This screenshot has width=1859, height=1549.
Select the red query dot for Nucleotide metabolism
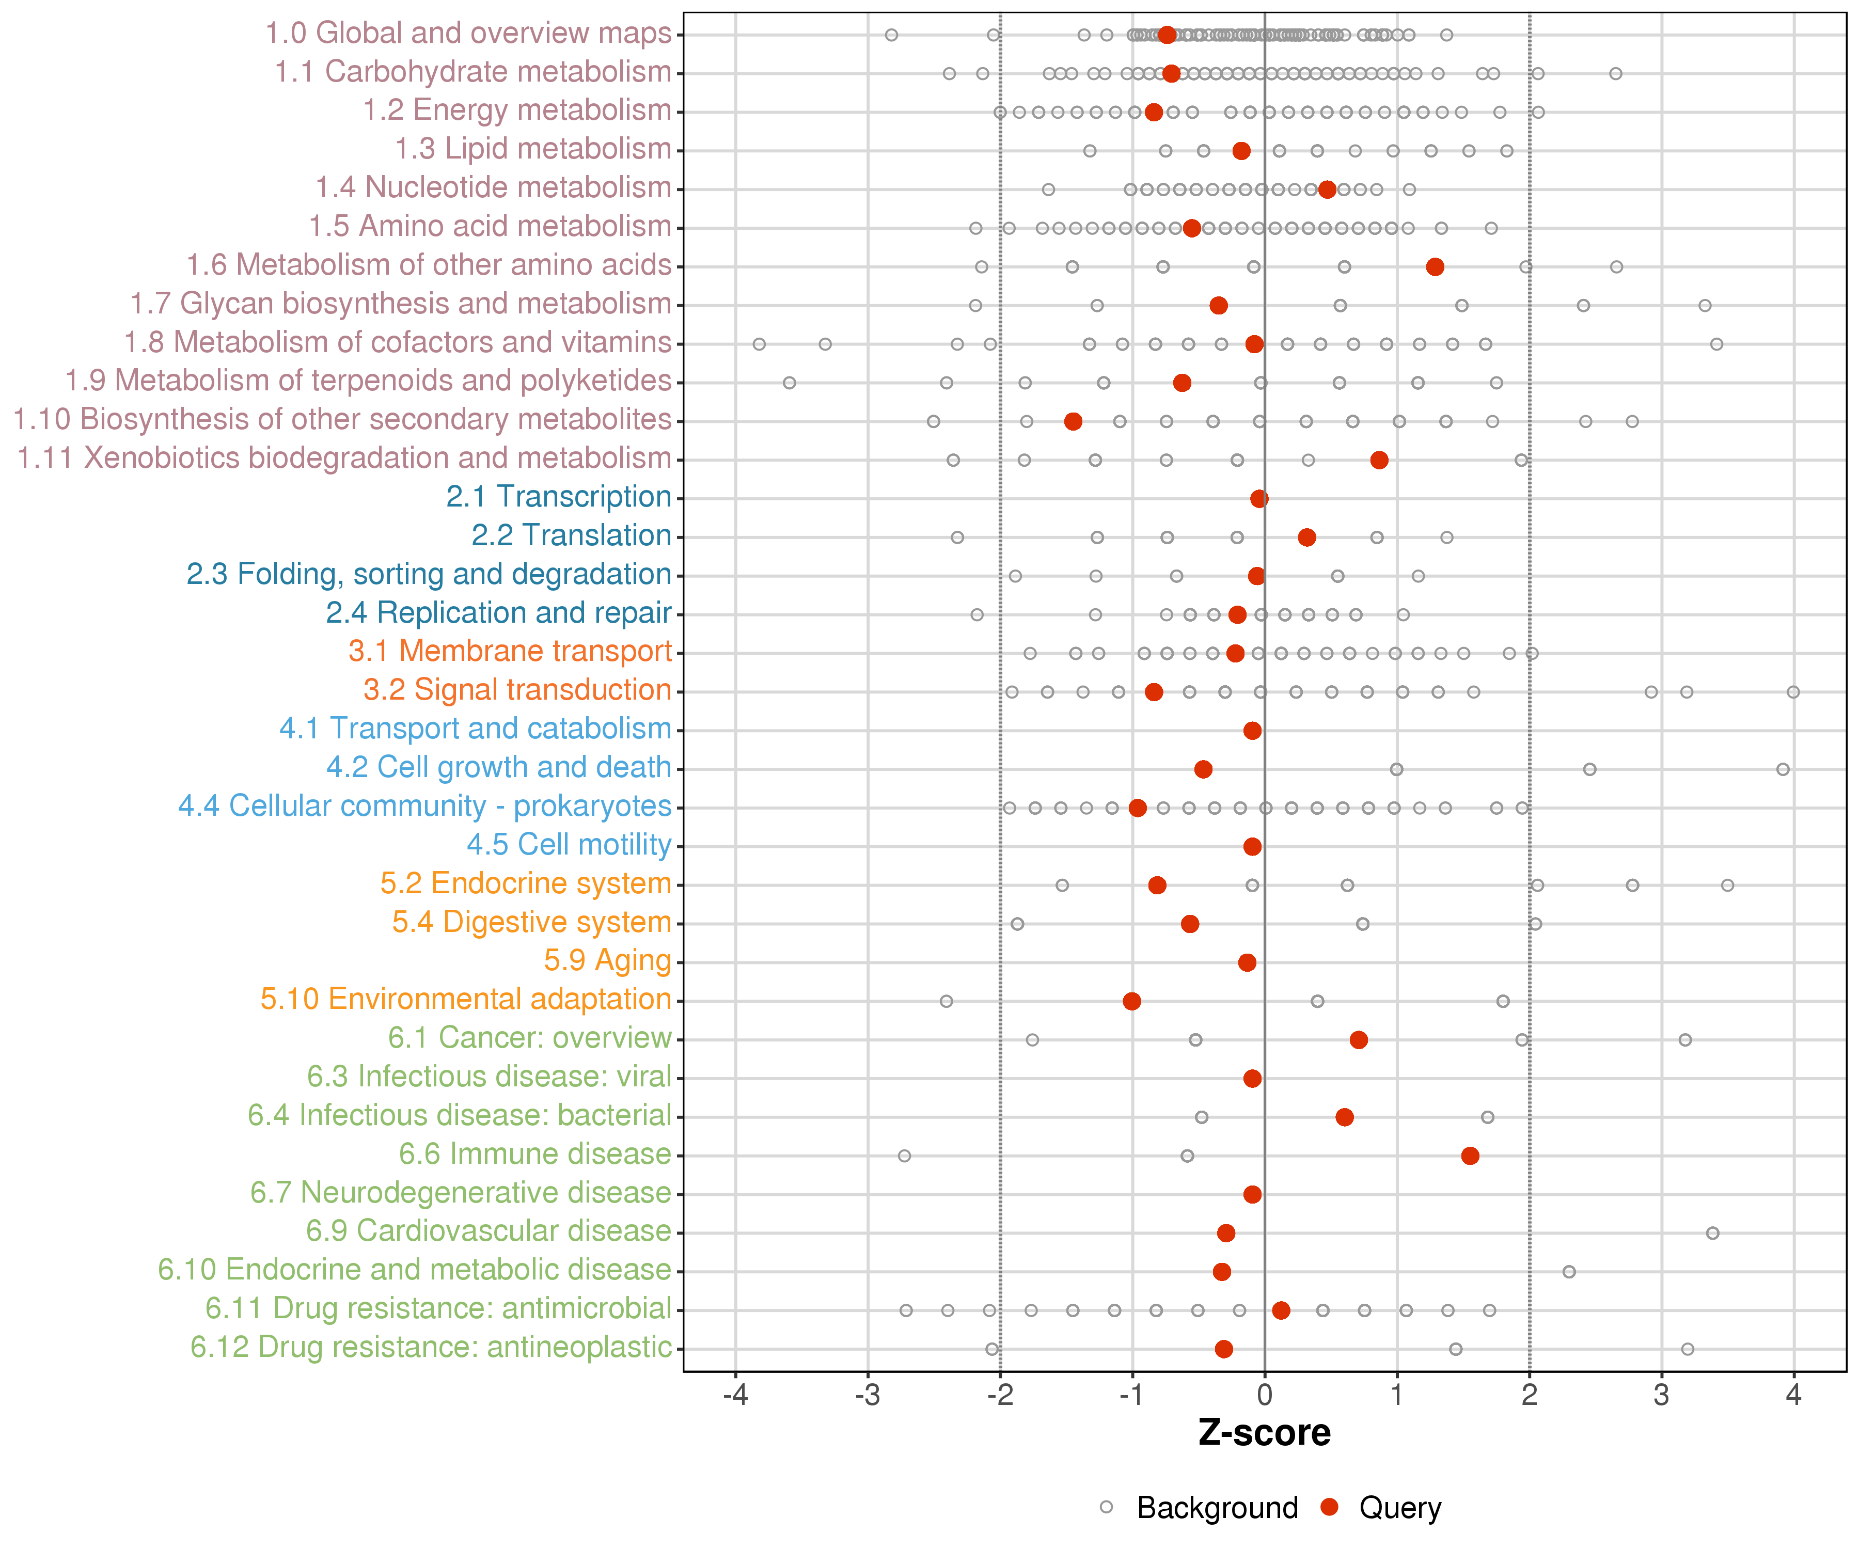pyautogui.click(x=1326, y=189)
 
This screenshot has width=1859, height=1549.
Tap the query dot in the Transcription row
pyautogui.click(x=1259, y=498)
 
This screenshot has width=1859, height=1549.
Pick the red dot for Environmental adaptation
pyautogui.click(x=1131, y=1001)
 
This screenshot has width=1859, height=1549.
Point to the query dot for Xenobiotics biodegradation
pyautogui.click(x=1378, y=460)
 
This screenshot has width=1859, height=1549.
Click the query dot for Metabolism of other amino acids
pyautogui.click(x=1435, y=266)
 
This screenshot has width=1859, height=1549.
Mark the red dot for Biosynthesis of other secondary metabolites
pyautogui.click(x=1073, y=421)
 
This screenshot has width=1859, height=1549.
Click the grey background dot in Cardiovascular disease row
pyautogui.click(x=1712, y=1233)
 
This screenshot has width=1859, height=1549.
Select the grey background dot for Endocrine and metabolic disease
pyautogui.click(x=1569, y=1272)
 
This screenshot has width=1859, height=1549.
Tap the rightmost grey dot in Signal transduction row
pyautogui.click(x=1792, y=691)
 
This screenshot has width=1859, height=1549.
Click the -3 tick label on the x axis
pyautogui.click(x=868, y=1396)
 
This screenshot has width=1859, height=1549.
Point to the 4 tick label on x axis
pyautogui.click(x=1793, y=1396)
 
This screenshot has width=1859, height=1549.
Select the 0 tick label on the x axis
pyautogui.click(x=1264, y=1396)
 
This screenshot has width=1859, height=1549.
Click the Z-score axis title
pyautogui.click(x=1264, y=1433)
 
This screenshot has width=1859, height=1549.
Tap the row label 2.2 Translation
pyautogui.click(x=571, y=535)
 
